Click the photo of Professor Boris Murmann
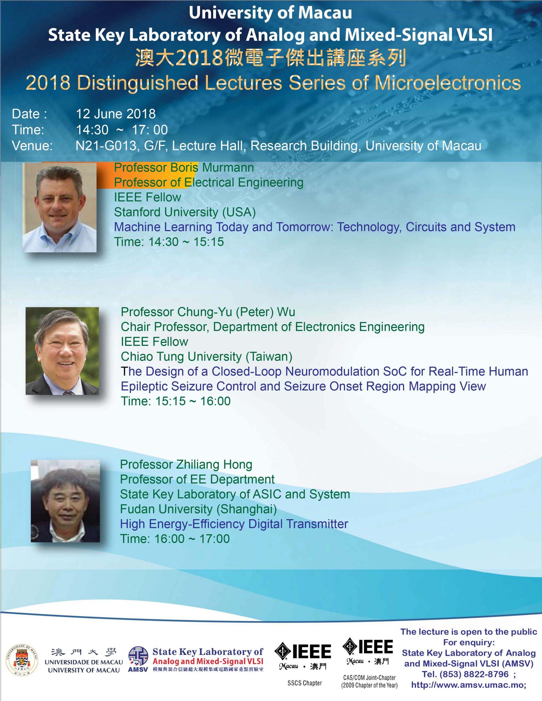click(59, 207)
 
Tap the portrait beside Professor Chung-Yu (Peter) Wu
click(62, 351)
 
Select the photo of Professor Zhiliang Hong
click(65, 501)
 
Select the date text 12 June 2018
click(116, 114)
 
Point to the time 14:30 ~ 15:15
click(186, 242)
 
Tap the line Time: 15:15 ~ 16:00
click(176, 401)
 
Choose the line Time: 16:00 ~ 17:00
click(175, 539)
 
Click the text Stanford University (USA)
click(185, 212)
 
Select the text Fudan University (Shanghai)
click(199, 509)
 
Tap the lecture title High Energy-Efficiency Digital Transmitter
click(234, 524)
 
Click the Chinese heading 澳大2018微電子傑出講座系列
click(270, 58)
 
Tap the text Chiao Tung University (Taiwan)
click(207, 357)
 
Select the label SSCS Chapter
click(305, 683)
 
